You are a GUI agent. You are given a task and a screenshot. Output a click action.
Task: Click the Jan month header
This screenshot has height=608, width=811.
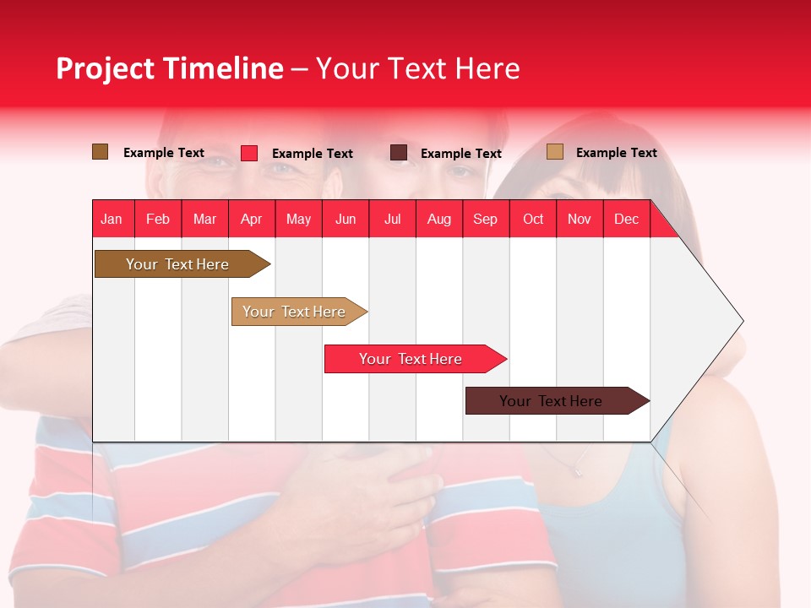(112, 219)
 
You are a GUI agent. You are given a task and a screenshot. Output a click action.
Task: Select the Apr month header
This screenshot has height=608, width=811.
(252, 219)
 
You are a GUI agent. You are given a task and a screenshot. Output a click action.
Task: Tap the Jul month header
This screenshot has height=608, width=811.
(392, 219)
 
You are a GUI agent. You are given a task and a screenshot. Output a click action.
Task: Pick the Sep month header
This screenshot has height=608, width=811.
(485, 219)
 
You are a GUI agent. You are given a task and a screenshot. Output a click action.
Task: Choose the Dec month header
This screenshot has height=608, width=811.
(626, 219)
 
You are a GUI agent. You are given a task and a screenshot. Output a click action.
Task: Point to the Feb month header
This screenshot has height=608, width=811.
(158, 219)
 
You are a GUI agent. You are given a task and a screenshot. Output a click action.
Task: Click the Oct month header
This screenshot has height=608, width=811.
(533, 219)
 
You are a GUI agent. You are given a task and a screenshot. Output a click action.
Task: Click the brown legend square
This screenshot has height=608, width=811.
(101, 152)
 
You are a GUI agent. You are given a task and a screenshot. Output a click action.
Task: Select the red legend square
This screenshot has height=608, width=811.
(249, 153)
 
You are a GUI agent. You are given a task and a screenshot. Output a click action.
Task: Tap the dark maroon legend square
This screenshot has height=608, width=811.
(399, 153)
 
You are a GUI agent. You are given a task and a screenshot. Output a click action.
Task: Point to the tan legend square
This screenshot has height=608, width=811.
(555, 152)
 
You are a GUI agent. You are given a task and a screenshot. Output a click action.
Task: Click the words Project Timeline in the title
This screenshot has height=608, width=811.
(169, 68)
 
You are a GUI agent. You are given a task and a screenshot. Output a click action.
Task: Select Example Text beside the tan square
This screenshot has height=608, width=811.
(616, 153)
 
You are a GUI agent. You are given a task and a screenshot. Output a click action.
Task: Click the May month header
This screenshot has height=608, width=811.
(298, 219)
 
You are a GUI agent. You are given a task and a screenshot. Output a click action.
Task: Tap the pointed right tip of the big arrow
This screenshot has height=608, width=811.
(741, 321)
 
